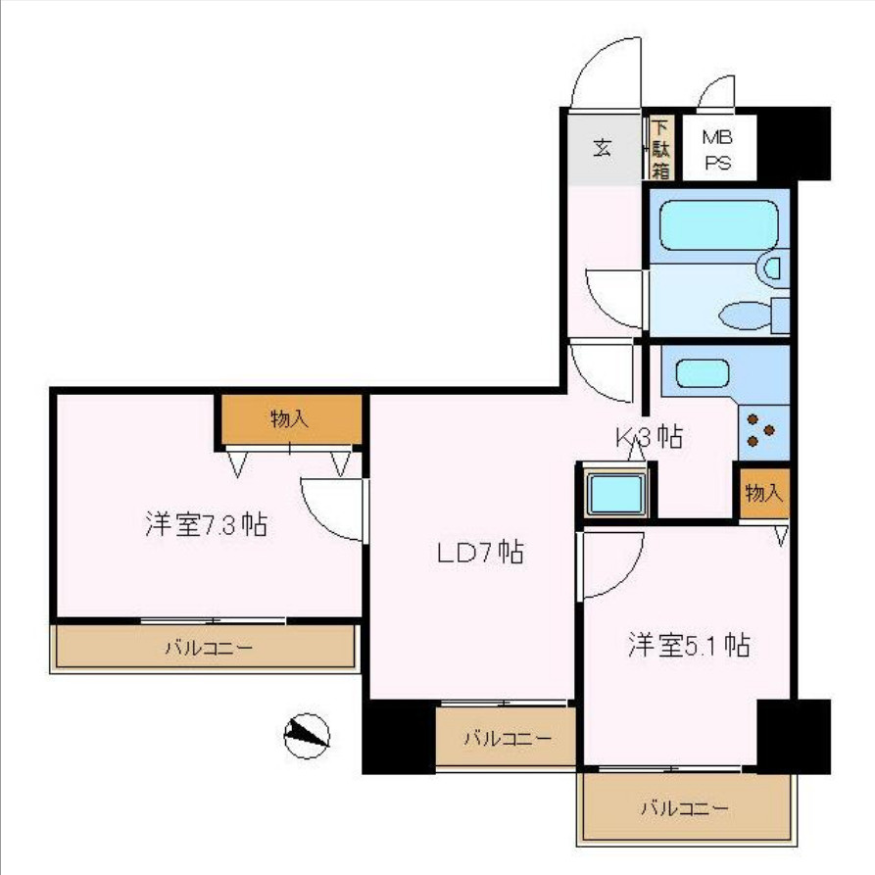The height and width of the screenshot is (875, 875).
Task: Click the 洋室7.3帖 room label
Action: [x=206, y=525]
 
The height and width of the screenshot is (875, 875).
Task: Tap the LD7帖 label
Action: [x=479, y=553]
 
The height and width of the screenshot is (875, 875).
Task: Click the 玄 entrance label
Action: [x=602, y=149]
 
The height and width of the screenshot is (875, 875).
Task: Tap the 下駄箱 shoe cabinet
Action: [x=661, y=148]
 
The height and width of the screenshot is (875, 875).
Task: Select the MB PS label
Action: [x=718, y=150]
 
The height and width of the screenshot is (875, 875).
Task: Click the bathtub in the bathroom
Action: [x=718, y=225]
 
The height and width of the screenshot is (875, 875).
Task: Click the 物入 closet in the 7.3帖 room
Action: [x=290, y=419]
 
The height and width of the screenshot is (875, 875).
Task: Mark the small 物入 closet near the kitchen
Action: [x=763, y=494]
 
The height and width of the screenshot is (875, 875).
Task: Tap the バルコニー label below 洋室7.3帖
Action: [x=208, y=648]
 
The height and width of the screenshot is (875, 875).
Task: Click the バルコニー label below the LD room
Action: [x=506, y=739]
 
